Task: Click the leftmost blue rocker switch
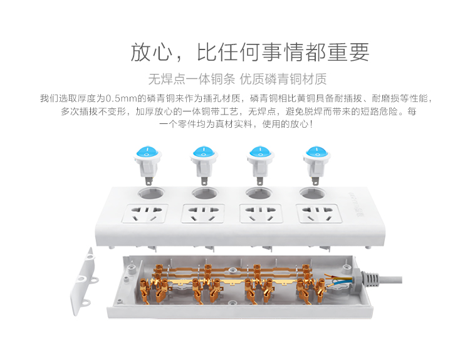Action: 147,164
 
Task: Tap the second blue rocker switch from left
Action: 204,164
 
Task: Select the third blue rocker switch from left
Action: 260,164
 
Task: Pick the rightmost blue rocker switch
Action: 316,164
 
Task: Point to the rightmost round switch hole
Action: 313,193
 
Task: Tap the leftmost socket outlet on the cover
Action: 145,213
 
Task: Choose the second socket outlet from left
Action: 203,213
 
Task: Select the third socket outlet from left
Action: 261,213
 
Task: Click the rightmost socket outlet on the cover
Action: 318,213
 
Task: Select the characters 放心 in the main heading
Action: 151,52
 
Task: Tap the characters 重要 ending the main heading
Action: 348,52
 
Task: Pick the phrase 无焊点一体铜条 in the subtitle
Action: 192,79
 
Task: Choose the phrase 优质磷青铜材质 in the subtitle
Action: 283,79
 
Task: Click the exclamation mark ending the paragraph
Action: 311,125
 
